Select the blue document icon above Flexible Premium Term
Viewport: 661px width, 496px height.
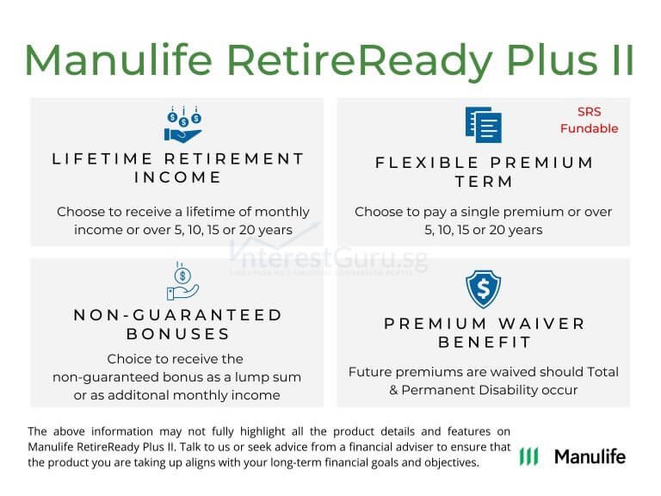(482, 126)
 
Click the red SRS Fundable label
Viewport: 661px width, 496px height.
(589, 120)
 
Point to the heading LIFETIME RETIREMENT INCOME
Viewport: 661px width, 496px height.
(178, 168)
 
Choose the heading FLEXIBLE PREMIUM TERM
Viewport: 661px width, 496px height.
(484, 171)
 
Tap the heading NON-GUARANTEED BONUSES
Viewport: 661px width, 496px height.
(178, 324)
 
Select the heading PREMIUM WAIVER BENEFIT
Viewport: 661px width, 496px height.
(484, 332)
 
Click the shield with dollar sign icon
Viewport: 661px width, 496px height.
(483, 289)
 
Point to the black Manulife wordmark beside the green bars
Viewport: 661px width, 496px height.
(590, 456)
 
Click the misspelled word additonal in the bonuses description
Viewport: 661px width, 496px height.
(126, 394)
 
